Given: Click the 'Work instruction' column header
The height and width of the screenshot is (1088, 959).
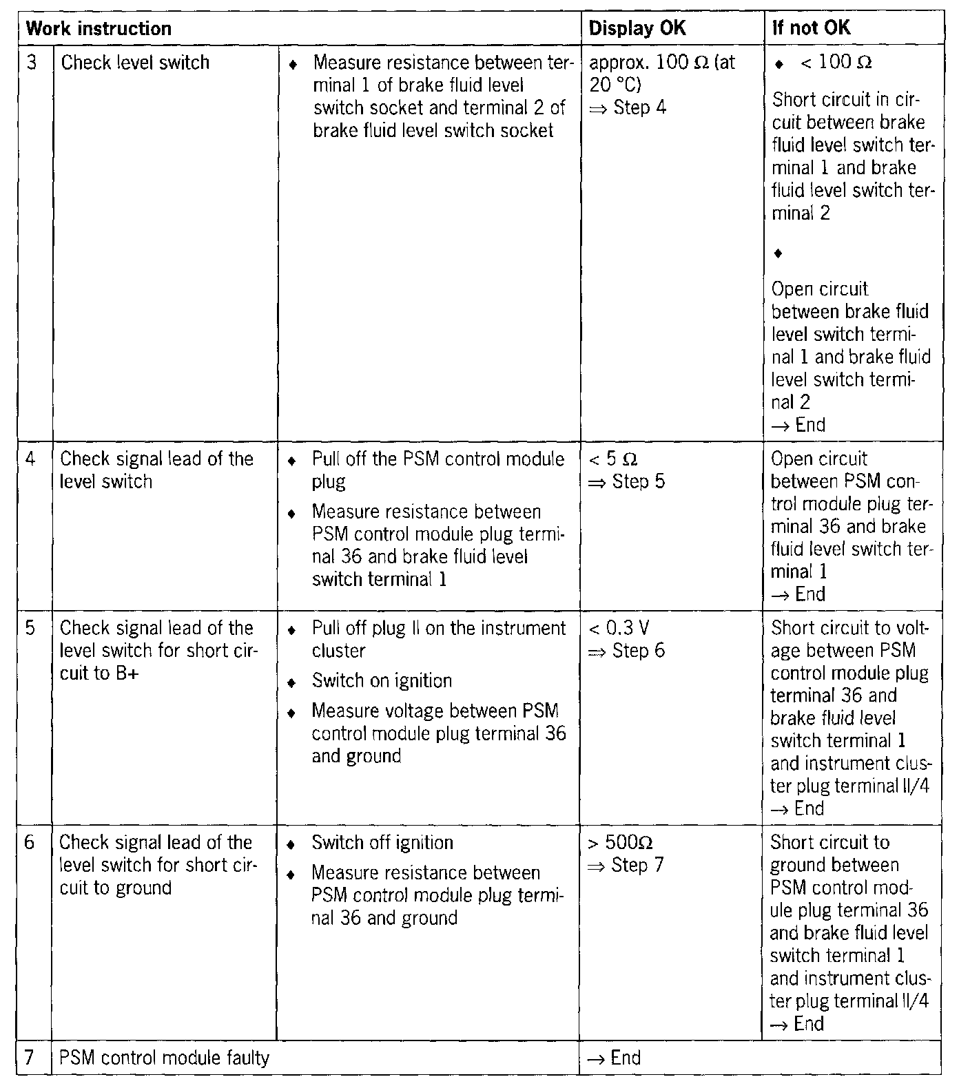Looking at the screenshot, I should tap(99, 29).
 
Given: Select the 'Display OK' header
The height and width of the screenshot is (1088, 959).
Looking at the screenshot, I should tap(637, 29).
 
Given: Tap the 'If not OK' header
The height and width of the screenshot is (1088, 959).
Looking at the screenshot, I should tap(811, 29).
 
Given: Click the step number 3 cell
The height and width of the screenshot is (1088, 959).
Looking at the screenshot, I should tap(32, 63).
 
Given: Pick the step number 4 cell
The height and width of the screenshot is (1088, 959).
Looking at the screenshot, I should tap(30, 459).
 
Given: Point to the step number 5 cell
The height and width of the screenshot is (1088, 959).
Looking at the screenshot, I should tap(30, 628).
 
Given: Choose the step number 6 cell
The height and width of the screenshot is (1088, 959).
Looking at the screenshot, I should tap(30, 843).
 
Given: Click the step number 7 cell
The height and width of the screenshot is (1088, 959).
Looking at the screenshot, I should tap(30, 1058).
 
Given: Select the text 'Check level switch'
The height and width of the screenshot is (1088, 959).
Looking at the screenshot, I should tap(135, 63).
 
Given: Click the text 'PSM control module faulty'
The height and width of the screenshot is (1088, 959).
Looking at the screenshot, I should tap(164, 1058).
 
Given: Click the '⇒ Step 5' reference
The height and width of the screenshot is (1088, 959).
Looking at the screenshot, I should tap(626, 481).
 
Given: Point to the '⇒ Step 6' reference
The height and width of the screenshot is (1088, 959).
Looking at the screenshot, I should tap(626, 651).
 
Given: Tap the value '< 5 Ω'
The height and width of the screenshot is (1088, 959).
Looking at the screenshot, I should tap(612, 459).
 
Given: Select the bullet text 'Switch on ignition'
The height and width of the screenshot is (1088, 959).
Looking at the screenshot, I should tap(382, 681).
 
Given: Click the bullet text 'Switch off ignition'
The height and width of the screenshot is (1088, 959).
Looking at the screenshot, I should tap(382, 843).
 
